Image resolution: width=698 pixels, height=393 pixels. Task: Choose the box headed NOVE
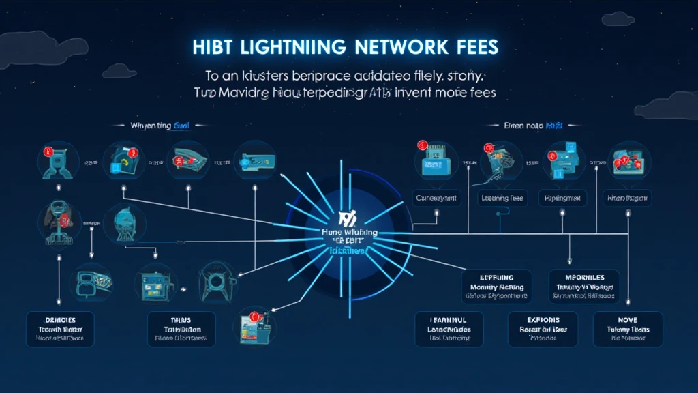pos(628,329)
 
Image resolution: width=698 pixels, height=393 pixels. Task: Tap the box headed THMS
pos(181,329)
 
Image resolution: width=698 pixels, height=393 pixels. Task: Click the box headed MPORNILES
pos(584,285)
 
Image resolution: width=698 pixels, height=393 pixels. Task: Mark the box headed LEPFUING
pos(496,285)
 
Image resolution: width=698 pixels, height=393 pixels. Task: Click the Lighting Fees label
pos(502,198)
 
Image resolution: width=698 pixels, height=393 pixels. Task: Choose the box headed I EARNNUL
pos(449,329)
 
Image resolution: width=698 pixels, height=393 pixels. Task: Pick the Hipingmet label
pos(562,198)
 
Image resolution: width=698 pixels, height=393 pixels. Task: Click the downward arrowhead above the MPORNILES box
pos(568,260)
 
